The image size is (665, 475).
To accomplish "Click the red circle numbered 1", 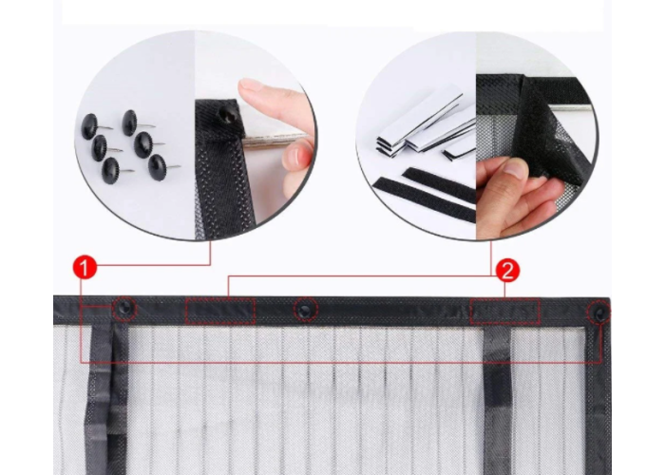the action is click(x=85, y=267).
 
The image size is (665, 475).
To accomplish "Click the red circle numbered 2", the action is click(x=507, y=271).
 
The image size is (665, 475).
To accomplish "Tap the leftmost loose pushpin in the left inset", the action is click(x=90, y=126).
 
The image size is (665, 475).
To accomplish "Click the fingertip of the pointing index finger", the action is click(x=251, y=86).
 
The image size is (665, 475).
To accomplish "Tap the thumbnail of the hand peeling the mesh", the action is click(x=514, y=170).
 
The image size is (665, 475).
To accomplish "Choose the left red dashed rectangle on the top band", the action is click(x=220, y=311).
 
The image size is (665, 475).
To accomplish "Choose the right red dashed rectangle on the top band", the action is click(x=504, y=311).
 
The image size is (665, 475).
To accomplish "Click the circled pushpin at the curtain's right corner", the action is click(x=598, y=313).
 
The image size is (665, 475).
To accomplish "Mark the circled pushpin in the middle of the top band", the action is click(x=305, y=309).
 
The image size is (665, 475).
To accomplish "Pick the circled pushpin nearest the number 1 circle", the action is click(x=124, y=309).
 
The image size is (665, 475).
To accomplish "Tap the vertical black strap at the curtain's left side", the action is click(x=106, y=399).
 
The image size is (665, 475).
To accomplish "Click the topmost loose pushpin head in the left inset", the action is click(x=129, y=123).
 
